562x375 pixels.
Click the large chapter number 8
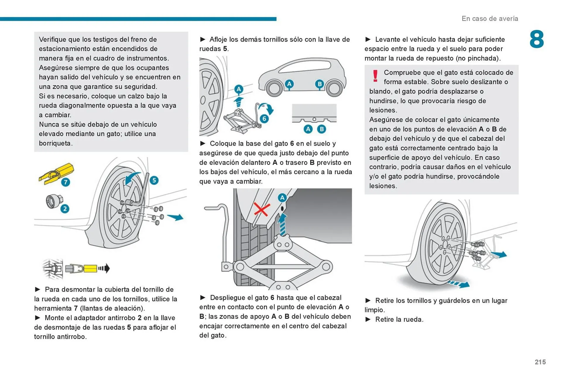coord(537,39)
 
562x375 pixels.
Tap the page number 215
coord(540,362)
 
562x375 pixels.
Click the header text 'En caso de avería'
coord(490,18)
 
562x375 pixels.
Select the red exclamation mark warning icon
coord(375,76)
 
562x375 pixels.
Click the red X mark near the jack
coord(261,209)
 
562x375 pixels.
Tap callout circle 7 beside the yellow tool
coord(66,182)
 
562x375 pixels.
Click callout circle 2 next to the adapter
coord(65,209)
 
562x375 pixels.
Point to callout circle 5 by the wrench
coord(154,180)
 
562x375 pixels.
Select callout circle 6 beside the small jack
coord(264,119)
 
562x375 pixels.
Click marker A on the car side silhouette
coord(289,84)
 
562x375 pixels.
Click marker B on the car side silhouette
coord(319,84)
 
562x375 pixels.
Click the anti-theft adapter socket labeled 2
coord(54,201)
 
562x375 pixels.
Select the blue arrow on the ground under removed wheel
coord(460,284)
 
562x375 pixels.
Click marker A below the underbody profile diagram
coord(308,129)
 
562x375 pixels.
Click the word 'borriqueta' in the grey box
coord(55,143)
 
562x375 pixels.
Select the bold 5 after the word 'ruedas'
coord(225,49)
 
